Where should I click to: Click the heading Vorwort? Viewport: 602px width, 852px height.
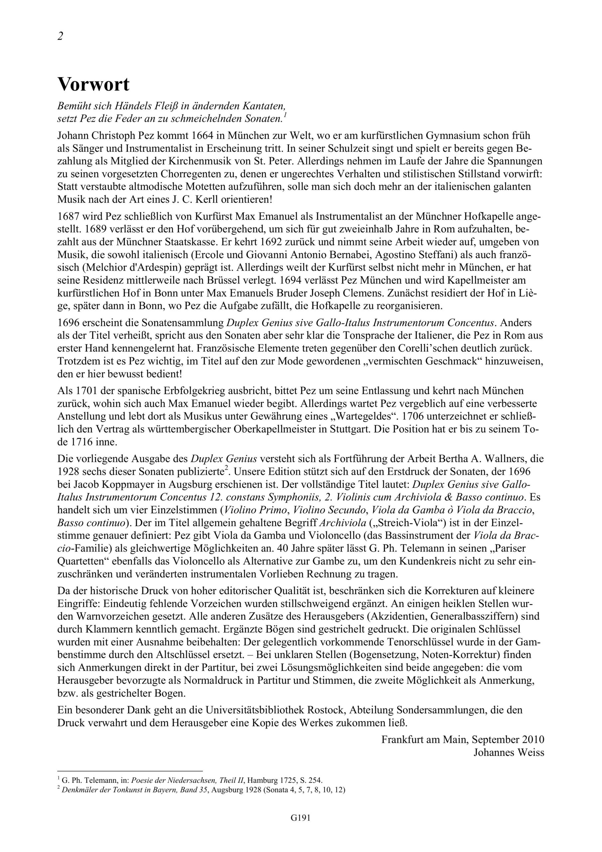93,85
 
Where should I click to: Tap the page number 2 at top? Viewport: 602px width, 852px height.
60,36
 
